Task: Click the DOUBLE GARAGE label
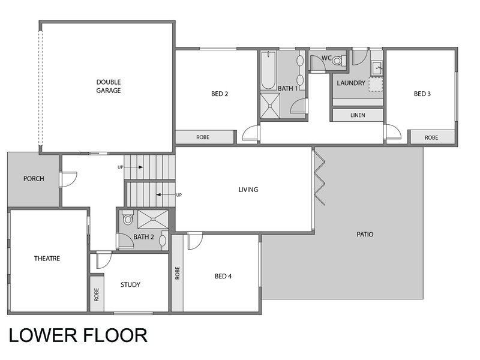pyautogui.click(x=109, y=86)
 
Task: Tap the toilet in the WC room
pyautogui.click(x=339, y=61)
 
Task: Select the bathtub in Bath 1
pyautogui.click(x=268, y=70)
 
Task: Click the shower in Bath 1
pyautogui.click(x=270, y=106)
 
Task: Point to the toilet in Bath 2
pyautogui.click(x=128, y=217)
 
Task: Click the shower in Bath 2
pyautogui.click(x=153, y=219)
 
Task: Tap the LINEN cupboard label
pyautogui.click(x=358, y=115)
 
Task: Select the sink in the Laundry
pyautogui.click(x=377, y=68)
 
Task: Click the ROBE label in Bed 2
pyautogui.click(x=203, y=137)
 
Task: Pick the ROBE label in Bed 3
pyautogui.click(x=431, y=138)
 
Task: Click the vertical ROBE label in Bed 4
pyautogui.click(x=177, y=273)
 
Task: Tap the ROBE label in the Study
pyautogui.click(x=97, y=295)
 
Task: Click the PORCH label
pyautogui.click(x=34, y=179)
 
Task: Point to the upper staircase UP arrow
pyautogui.click(x=134, y=167)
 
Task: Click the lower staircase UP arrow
pyautogui.click(x=166, y=194)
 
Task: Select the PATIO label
pyautogui.click(x=365, y=235)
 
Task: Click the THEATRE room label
pyautogui.click(x=47, y=259)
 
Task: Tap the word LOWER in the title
pyautogui.click(x=43, y=335)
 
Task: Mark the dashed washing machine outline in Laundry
pyautogui.click(x=376, y=85)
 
